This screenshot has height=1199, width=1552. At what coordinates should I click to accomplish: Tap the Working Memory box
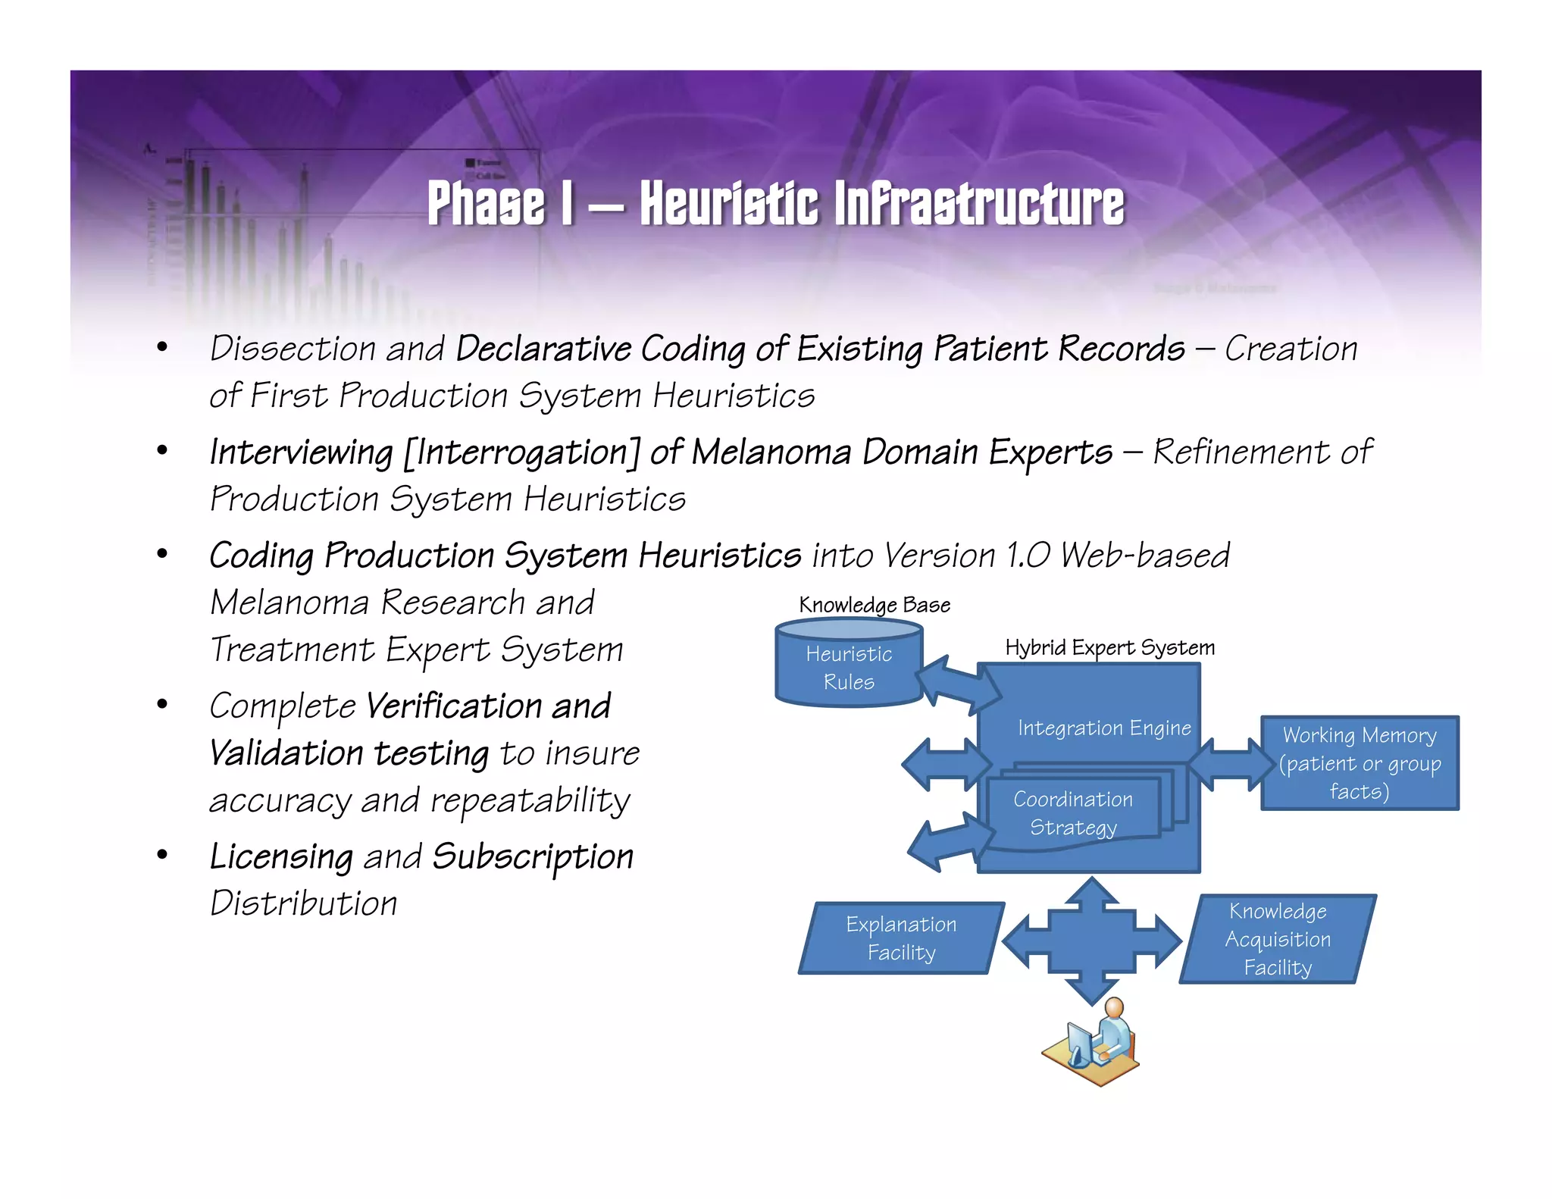click(x=1360, y=763)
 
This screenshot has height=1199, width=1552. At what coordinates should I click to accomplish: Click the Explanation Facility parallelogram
click(x=901, y=938)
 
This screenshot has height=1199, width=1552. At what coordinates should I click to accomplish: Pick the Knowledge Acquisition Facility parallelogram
click(x=1278, y=939)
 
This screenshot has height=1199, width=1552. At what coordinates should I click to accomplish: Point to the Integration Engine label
click(x=1104, y=728)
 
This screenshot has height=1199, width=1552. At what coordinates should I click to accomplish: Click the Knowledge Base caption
click(x=875, y=605)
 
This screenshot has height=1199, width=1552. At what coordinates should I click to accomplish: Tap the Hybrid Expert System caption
click(x=1109, y=647)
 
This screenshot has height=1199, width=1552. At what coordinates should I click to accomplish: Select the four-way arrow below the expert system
click(x=1091, y=941)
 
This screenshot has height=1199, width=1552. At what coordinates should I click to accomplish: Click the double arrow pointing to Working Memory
click(x=1231, y=764)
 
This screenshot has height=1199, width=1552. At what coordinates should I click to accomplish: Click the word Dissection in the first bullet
click(x=293, y=349)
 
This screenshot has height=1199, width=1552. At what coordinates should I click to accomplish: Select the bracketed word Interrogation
click(x=522, y=452)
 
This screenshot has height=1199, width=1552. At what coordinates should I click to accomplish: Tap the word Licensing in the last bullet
click(x=281, y=857)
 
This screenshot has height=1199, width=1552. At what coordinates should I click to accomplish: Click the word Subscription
click(x=533, y=857)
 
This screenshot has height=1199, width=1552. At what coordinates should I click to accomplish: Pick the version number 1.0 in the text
click(x=1028, y=555)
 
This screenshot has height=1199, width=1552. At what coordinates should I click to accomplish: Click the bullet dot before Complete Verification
click(x=161, y=705)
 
